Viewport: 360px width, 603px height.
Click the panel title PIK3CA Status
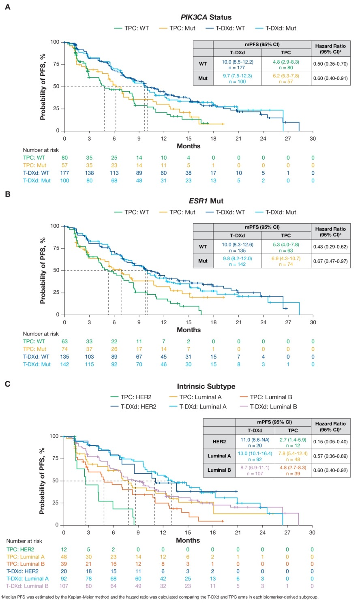click(206, 17)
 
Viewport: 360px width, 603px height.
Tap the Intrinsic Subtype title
click(206, 386)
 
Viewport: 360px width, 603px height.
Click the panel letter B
click(7, 194)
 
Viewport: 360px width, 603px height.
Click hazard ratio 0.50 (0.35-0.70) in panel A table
click(330, 64)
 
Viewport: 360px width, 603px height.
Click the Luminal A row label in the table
click(219, 456)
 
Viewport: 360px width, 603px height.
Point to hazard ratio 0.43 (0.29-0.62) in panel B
click(330, 246)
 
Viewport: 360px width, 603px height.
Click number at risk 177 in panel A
click(64, 173)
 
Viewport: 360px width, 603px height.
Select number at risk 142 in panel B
click(64, 364)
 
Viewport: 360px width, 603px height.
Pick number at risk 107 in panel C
click(64, 586)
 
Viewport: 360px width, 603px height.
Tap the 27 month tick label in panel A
click(288, 139)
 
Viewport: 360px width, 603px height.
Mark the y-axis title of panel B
click(43, 270)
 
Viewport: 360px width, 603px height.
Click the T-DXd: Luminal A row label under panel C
click(28, 578)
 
